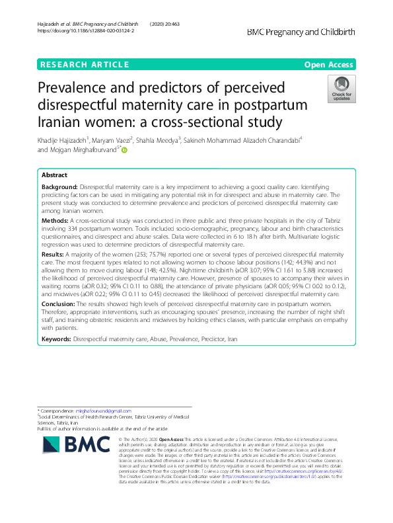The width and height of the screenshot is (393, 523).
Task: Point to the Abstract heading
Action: coord(54,175)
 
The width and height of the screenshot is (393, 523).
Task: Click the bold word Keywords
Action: coord(56,338)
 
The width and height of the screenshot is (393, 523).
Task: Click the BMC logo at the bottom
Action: coord(72,448)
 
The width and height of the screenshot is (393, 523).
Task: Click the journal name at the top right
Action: coord(301,31)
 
